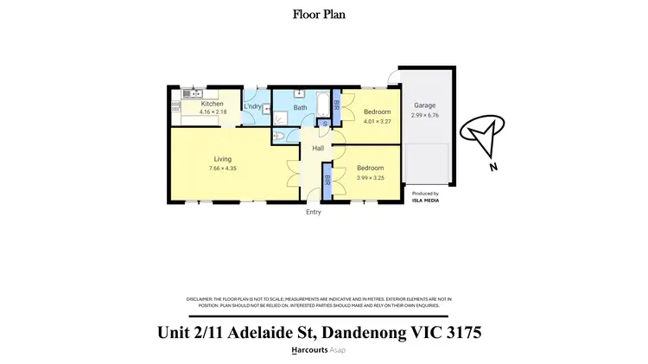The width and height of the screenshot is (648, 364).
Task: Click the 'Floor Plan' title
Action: [323, 14]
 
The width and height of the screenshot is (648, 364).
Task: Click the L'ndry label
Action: [253, 107]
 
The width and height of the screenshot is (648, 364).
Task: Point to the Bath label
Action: [300, 108]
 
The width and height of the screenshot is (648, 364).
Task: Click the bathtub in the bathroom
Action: [322, 107]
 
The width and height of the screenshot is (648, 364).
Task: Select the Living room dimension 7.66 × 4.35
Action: [222, 168]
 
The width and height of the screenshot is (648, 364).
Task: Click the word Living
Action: [222, 159]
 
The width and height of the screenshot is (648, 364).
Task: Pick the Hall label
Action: [317, 150]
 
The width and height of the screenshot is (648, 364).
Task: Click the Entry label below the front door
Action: [313, 212]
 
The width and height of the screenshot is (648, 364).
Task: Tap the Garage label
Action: [423, 105]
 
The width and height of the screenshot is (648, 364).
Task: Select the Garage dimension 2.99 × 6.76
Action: [424, 114]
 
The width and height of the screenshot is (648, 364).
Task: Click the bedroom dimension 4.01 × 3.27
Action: [377, 122]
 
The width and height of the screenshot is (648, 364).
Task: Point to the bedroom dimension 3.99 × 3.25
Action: [370, 177]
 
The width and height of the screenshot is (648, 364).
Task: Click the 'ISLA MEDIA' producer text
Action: [425, 200]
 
